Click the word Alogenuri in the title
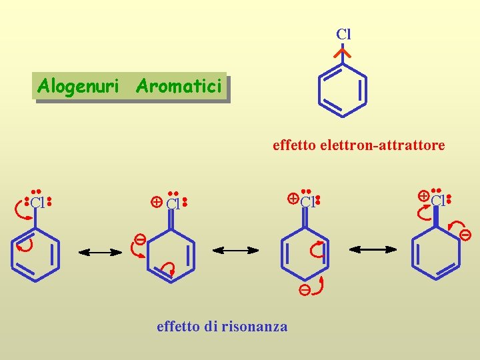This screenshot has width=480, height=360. click(x=78, y=86)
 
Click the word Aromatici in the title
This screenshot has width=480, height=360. click(x=178, y=86)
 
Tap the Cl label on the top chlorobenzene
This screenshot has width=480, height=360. click(x=343, y=34)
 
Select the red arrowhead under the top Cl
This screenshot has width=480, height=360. click(x=343, y=52)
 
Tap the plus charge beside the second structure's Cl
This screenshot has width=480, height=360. click(x=156, y=202)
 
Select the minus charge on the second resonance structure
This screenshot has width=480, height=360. click(x=141, y=238)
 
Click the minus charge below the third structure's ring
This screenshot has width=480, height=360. click(x=304, y=290)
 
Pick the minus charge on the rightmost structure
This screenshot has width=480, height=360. click(x=465, y=234)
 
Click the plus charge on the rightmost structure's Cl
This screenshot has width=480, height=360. click(x=423, y=196)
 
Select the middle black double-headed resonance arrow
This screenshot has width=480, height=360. click(x=235, y=250)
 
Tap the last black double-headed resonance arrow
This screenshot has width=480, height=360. click(x=373, y=249)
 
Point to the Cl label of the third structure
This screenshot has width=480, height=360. click(x=308, y=201)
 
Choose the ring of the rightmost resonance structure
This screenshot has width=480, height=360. click(x=437, y=254)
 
